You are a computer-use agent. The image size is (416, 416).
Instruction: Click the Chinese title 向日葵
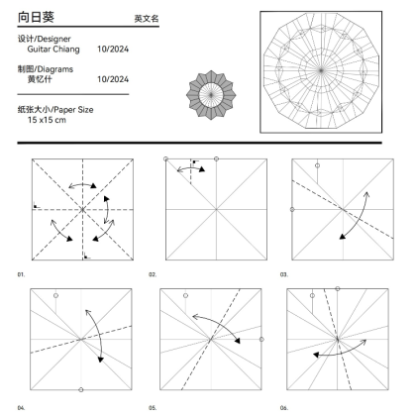coord(36,17)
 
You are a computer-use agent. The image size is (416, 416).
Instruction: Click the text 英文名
coord(147,19)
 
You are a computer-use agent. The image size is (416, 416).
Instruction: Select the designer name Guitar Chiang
coord(53,50)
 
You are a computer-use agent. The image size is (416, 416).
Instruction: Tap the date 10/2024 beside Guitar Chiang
coord(113,50)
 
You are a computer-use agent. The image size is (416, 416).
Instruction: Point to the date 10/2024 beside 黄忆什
coord(113,79)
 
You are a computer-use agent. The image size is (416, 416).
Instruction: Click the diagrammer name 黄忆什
coord(40,79)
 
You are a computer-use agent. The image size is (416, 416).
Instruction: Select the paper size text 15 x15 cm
coord(47,120)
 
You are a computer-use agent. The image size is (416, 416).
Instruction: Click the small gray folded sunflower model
coord(211,95)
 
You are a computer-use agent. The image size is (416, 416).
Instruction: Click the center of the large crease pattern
coord(321,70)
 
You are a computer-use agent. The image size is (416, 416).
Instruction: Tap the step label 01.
coord(21,274)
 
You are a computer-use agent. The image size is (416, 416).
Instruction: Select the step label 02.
coord(153,274)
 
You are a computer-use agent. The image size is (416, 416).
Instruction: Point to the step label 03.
coord(284,274)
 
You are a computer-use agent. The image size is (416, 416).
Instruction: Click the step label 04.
coord(21,408)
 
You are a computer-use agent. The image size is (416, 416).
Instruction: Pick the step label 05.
coord(153,408)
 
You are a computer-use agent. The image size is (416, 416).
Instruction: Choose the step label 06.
coord(284,408)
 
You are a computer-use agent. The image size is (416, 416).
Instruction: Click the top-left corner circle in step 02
coord(165,159)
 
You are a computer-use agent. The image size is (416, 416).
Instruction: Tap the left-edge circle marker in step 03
coord(292,209)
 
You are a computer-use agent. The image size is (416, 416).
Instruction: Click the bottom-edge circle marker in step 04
coord(81,390)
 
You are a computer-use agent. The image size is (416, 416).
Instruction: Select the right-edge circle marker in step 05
coord(261,340)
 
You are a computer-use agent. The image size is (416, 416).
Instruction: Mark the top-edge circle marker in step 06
coord(338,289)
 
